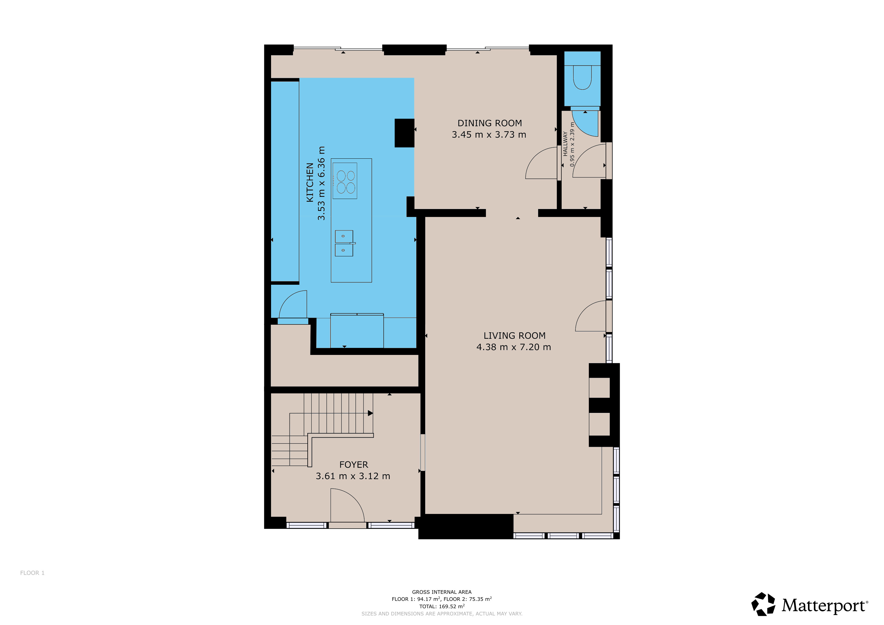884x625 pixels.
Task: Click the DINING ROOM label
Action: pyautogui.click(x=489, y=123)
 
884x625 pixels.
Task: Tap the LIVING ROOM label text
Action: pyautogui.click(x=514, y=336)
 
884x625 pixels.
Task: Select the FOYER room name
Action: pyautogui.click(x=353, y=464)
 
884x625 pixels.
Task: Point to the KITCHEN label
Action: pyautogui.click(x=310, y=182)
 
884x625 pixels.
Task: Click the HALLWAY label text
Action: pyautogui.click(x=565, y=143)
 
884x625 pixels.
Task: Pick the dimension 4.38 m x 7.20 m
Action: pyautogui.click(x=514, y=347)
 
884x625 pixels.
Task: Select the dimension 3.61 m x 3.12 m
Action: pyautogui.click(x=353, y=476)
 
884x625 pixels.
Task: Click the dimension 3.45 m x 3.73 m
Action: pyautogui.click(x=489, y=135)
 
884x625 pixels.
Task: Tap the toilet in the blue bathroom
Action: pyautogui.click(x=582, y=77)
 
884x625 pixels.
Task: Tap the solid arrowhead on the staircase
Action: pyautogui.click(x=370, y=413)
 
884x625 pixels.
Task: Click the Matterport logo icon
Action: pyautogui.click(x=763, y=604)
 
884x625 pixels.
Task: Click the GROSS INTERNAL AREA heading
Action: pyautogui.click(x=442, y=592)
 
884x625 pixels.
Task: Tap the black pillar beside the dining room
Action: pyautogui.click(x=404, y=133)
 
